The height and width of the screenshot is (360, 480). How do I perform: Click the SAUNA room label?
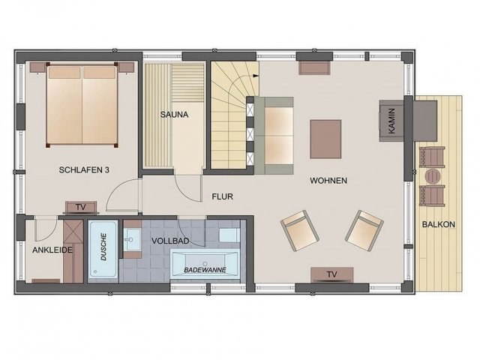coord(174,115)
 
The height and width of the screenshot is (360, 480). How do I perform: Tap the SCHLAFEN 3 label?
coord(84,170)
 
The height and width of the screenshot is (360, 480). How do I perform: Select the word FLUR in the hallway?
coord(223,196)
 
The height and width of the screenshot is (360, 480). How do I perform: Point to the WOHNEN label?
coord(328,181)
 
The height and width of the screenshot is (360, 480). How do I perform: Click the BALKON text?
coord(438,224)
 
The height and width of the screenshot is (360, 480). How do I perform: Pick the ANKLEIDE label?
coord(52,250)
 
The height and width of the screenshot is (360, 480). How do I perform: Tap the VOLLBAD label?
coord(170,241)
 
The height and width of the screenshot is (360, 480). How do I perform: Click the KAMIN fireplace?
coord(391,121)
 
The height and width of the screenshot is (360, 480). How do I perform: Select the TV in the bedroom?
coord(81,207)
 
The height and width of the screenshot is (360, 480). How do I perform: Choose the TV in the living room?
coord(332,274)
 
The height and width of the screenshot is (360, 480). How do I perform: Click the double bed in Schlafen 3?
coord(82,105)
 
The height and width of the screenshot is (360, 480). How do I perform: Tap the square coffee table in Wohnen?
coord(325,139)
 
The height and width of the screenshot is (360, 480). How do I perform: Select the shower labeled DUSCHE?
coord(103,250)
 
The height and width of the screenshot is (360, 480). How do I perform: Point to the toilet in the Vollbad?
coord(229,235)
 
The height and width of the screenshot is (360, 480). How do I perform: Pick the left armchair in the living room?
coord(300,231)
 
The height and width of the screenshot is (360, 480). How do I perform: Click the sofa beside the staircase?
coord(274,136)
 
